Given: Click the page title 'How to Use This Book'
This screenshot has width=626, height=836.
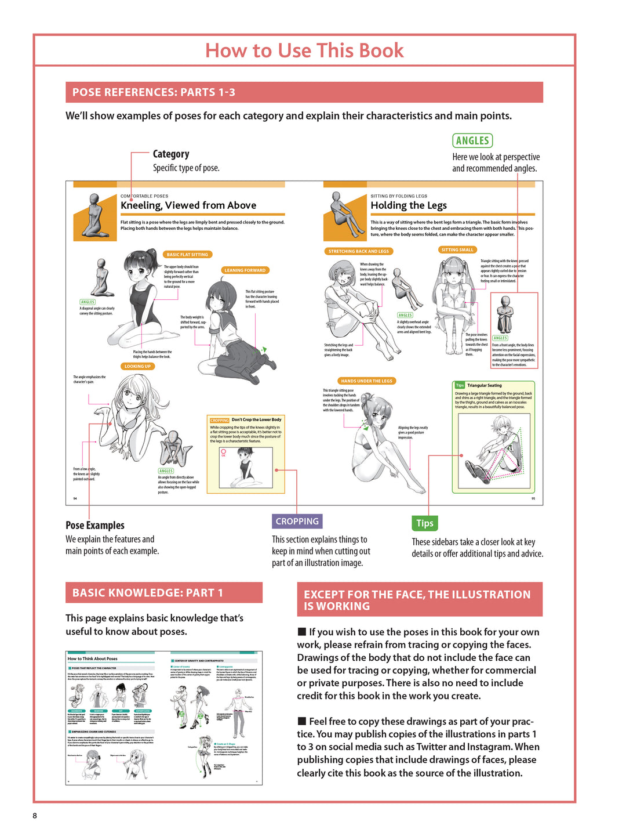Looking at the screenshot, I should [x=304, y=50].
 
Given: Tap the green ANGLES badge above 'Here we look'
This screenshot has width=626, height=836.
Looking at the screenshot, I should [x=472, y=140].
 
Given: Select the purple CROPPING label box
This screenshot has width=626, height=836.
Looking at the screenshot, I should [x=297, y=521].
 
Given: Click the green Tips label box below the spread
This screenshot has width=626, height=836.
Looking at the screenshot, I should [x=424, y=523].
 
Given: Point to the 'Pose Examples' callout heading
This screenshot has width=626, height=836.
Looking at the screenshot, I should [x=95, y=525].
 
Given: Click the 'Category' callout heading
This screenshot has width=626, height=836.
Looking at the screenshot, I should [x=171, y=154].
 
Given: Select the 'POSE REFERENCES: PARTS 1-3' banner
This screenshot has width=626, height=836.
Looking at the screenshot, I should [x=304, y=92].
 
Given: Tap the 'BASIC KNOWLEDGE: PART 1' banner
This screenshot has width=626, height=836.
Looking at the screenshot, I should [x=163, y=592].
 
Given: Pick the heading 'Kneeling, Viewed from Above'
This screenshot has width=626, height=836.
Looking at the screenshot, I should [x=188, y=205].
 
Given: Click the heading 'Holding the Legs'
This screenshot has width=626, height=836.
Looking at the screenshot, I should [x=409, y=205].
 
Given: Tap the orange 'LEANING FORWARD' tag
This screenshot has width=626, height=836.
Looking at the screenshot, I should [x=245, y=270].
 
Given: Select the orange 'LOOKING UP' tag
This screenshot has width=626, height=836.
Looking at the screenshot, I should [x=137, y=366].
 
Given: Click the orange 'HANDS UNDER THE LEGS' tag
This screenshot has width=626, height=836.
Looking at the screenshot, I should [x=366, y=381].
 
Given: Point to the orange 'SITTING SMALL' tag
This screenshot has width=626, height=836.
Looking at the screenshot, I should [x=457, y=250].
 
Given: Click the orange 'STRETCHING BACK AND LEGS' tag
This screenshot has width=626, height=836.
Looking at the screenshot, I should [x=358, y=251].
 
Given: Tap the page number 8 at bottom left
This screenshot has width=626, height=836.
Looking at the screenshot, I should [x=35, y=815].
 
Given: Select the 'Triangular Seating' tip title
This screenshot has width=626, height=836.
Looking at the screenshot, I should [x=485, y=385].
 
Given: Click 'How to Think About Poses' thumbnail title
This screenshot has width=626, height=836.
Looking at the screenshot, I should [x=93, y=658].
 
